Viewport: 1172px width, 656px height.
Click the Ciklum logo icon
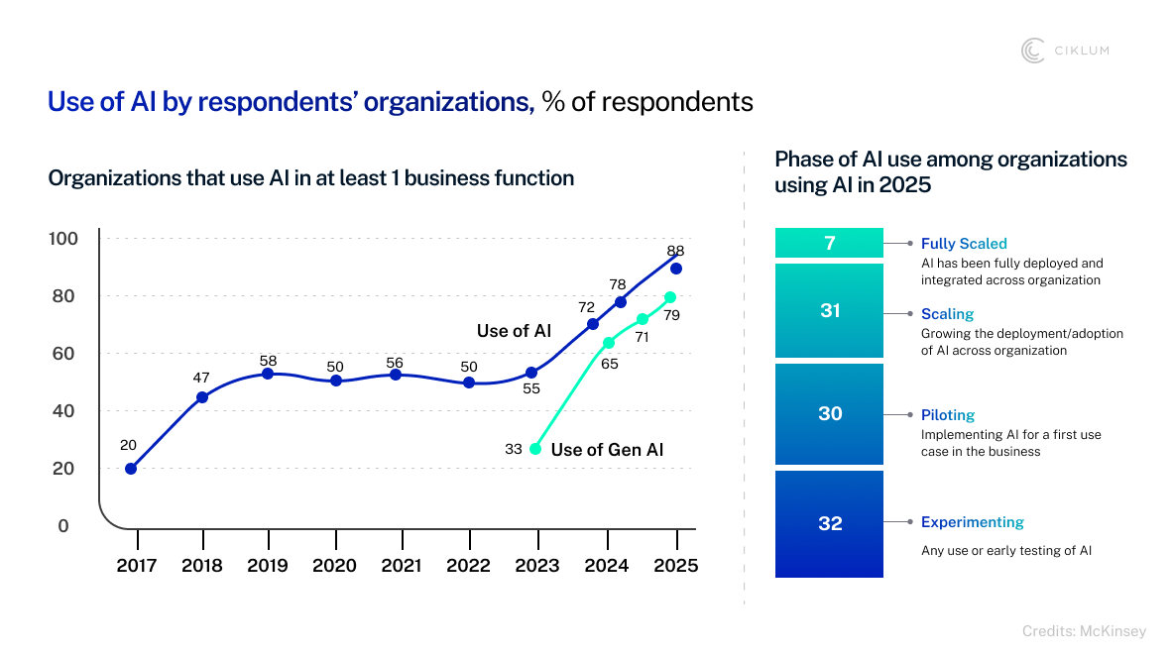click(1033, 51)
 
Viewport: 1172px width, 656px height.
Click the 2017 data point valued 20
click(131, 469)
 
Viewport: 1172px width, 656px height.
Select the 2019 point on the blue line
click(268, 374)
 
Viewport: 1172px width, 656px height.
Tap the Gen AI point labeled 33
click(535, 449)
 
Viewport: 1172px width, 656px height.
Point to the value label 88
click(675, 251)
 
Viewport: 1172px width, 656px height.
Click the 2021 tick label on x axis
click(402, 566)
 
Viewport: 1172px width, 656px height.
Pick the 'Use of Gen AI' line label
click(607, 450)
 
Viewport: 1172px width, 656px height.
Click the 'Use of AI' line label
click(514, 331)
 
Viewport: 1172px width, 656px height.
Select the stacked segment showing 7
click(829, 243)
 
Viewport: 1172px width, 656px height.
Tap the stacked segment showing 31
click(829, 310)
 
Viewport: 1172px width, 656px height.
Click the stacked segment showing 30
click(829, 414)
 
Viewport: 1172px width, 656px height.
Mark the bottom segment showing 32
click(829, 523)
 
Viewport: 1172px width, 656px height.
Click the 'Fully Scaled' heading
click(964, 244)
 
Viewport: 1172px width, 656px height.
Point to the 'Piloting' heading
click(948, 415)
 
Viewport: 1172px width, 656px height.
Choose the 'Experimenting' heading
click(972, 522)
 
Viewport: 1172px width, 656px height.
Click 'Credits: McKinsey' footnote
click(1084, 631)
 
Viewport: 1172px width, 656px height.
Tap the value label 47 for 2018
click(201, 378)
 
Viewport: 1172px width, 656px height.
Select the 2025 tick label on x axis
click(675, 566)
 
